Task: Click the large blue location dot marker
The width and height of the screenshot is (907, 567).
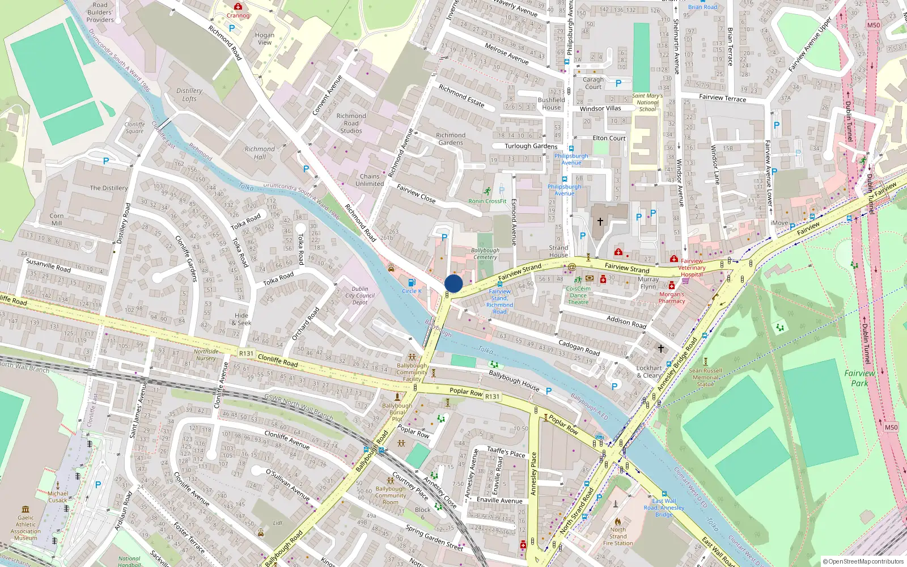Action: (453, 283)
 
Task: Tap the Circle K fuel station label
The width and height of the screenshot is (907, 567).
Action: (412, 291)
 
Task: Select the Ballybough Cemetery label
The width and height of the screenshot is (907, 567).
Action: (485, 253)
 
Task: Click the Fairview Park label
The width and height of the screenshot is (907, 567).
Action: (859, 378)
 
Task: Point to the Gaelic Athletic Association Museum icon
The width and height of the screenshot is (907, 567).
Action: (26, 509)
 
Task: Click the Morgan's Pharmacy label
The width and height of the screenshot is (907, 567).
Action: (672, 298)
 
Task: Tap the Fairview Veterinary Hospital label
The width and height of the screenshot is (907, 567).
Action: (692, 268)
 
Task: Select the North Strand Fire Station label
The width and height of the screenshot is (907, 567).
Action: (618, 536)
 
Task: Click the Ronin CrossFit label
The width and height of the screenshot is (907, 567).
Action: (488, 201)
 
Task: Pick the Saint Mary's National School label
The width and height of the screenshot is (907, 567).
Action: (647, 103)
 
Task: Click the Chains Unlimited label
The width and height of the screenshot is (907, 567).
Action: (370, 180)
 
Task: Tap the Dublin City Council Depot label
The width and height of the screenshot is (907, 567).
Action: (360, 295)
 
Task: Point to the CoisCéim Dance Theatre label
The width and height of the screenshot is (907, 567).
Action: (578, 295)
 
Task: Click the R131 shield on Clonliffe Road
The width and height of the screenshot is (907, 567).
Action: (246, 353)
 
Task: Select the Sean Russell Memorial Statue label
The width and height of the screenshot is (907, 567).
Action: (706, 377)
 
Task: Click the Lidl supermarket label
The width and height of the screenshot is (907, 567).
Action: (278, 523)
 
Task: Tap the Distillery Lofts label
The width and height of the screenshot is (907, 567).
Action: (189, 94)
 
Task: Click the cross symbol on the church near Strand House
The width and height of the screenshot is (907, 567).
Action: (600, 221)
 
